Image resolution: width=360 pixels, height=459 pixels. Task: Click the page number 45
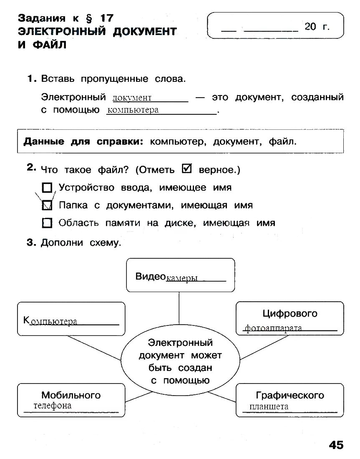point(336,445)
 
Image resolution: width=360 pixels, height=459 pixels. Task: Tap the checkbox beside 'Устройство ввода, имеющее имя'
point(47,188)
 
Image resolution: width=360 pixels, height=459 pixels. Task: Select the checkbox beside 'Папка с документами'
point(47,205)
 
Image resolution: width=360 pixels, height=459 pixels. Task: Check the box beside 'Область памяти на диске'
point(47,223)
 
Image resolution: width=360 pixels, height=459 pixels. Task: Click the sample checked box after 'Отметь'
point(187,169)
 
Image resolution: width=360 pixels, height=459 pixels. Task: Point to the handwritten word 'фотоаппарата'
point(273,328)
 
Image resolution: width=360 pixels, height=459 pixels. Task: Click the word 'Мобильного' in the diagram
point(71,395)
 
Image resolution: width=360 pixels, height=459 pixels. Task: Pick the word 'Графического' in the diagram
point(290,395)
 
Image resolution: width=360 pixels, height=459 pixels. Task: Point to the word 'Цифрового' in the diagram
point(290,313)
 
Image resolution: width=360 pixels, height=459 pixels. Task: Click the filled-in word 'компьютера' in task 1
point(133,110)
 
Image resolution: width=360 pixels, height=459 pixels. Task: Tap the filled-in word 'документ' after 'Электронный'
point(132,98)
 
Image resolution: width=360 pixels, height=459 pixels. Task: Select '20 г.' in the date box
point(317,27)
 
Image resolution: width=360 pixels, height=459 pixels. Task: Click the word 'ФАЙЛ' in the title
point(42,45)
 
